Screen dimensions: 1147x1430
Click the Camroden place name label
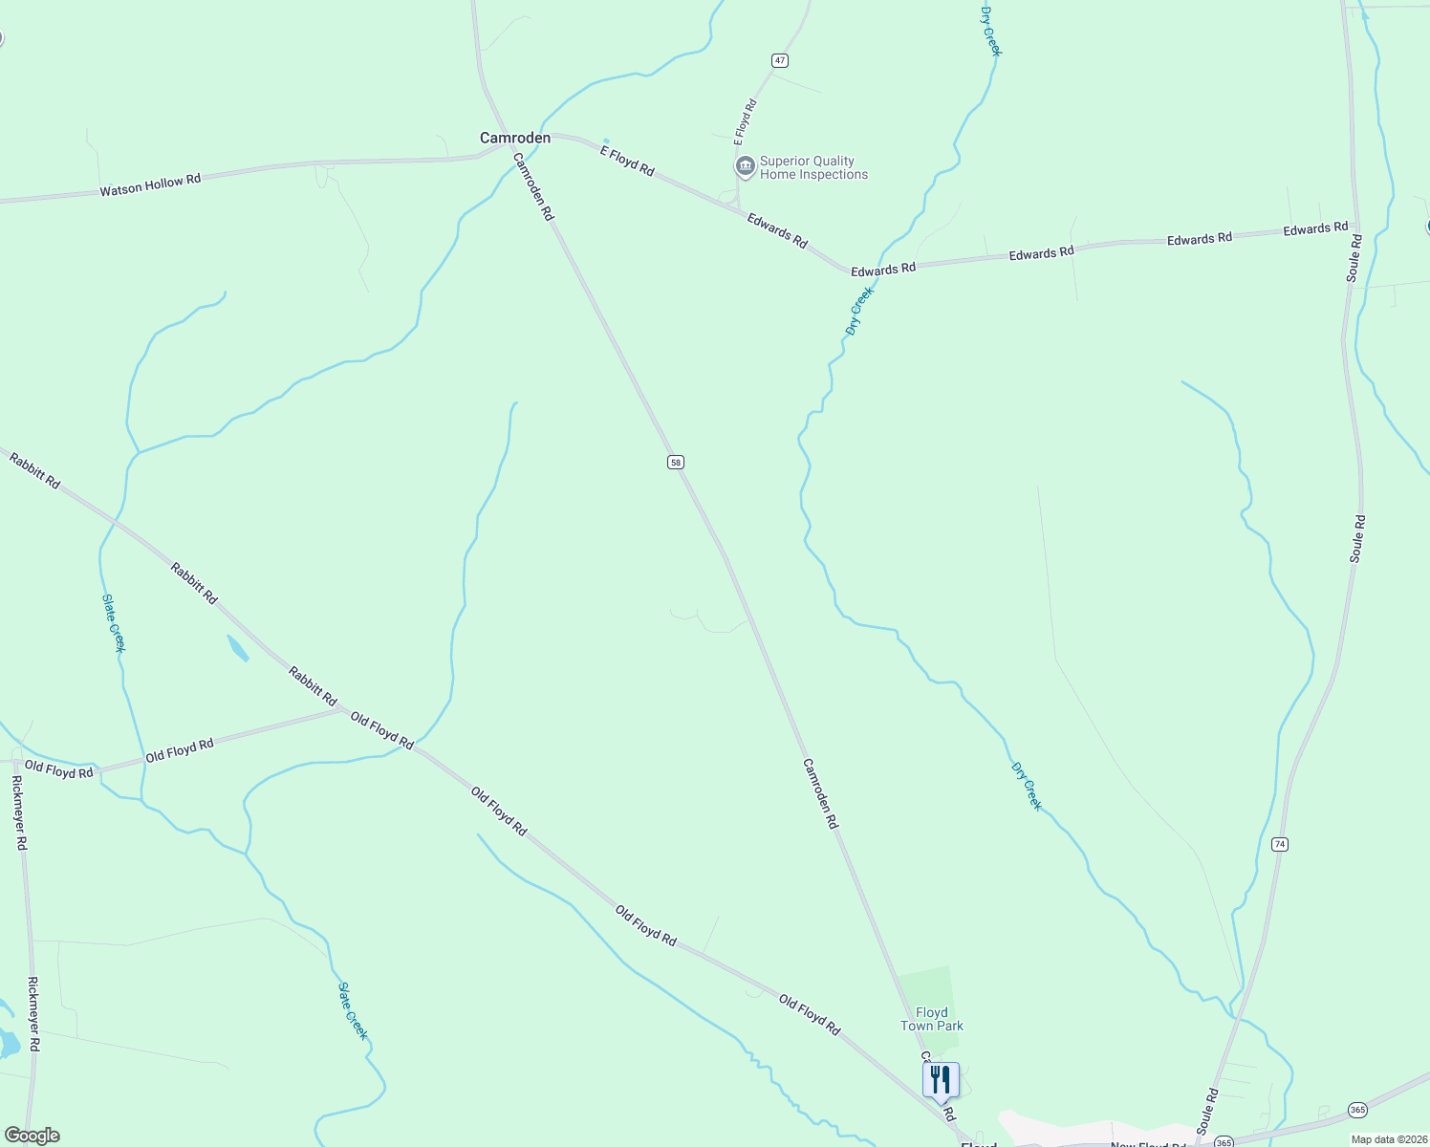(514, 139)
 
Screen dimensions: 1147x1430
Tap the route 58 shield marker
(676, 463)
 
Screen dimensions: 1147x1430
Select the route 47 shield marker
(780, 61)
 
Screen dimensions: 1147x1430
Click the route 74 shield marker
(1280, 844)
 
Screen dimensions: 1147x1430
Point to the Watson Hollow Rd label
(150, 184)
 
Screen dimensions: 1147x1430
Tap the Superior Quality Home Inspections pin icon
(745, 167)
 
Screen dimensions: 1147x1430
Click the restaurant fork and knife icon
(941, 1079)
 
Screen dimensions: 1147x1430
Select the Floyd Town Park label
(932, 1019)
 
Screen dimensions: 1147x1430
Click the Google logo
(32, 1136)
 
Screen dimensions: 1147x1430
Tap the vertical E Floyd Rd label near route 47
(745, 122)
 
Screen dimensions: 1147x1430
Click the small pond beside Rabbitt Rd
(238, 648)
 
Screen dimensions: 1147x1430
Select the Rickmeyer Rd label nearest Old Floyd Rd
(20, 812)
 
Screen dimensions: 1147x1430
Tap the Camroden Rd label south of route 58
(820, 793)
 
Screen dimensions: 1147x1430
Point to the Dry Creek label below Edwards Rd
(858, 312)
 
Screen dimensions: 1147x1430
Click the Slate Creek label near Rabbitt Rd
(114, 622)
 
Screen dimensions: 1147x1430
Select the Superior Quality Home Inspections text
(813, 168)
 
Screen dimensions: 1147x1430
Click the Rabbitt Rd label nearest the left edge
(34, 471)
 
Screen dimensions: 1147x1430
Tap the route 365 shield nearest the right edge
(1357, 1110)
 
